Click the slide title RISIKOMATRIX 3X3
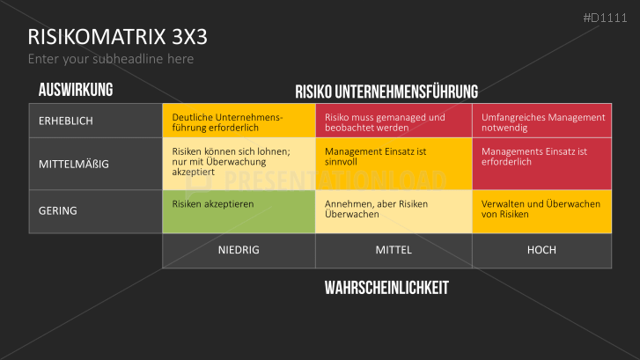coord(118,36)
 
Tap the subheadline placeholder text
coord(111,59)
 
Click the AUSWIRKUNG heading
coord(76,90)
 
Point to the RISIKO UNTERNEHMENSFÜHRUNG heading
coord(386,92)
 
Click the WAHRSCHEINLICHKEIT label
coord(387,288)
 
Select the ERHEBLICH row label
coord(66,121)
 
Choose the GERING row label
coord(58,211)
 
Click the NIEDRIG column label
coord(239,250)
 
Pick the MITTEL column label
coord(394,250)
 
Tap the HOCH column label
coord(541,250)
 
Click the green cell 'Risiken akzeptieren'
coord(239,211)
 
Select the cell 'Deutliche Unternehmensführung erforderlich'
coord(239,121)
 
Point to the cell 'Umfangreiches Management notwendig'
coord(542,121)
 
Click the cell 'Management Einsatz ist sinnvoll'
coord(394,164)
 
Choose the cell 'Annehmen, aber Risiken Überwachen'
coord(394,211)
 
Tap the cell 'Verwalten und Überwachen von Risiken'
coord(542,211)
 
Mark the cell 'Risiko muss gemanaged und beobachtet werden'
coord(394,121)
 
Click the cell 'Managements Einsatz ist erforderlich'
coord(542,164)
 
